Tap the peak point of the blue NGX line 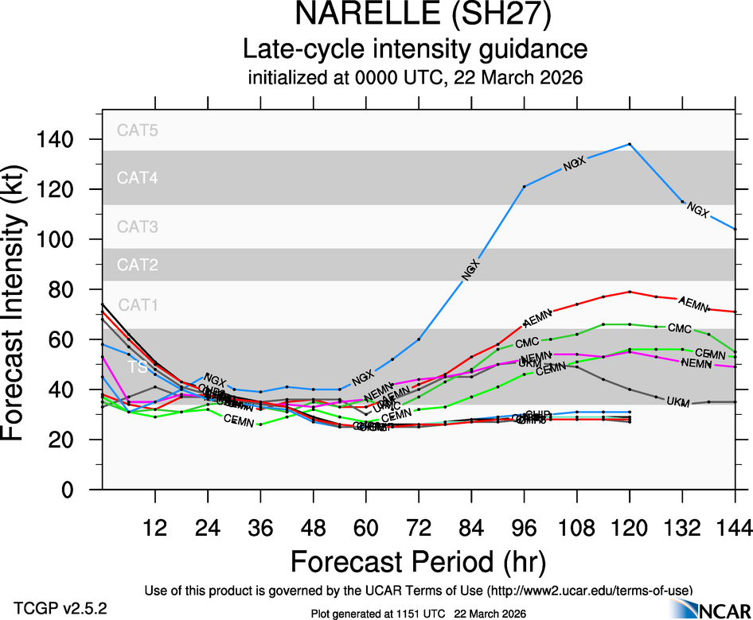pyautogui.click(x=630, y=144)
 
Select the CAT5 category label pyautogui.click(x=138, y=131)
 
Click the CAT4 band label pyautogui.click(x=138, y=178)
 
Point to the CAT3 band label pyautogui.click(x=138, y=227)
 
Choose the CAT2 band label pyautogui.click(x=138, y=264)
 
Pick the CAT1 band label pyautogui.click(x=138, y=304)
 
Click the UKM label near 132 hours pyautogui.click(x=678, y=401)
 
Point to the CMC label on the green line pyautogui.click(x=679, y=327)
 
